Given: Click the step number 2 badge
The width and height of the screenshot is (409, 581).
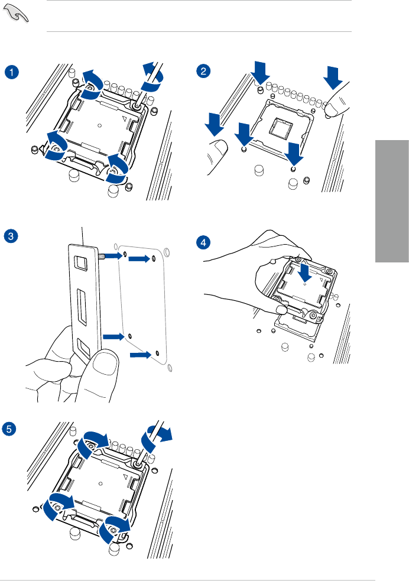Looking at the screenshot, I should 203,72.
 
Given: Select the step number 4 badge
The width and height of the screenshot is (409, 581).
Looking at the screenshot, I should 203,242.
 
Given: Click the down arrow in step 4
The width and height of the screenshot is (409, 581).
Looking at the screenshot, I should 303,272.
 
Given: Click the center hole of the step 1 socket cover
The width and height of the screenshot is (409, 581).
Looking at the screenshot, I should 100,125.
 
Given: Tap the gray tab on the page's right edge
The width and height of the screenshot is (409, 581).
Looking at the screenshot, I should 392,202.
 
